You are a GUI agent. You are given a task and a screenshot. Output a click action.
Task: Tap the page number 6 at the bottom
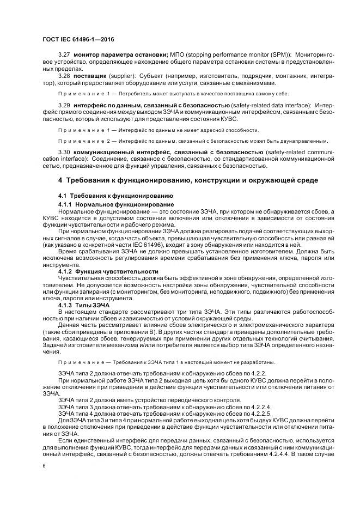pyautogui.click(x=44, y=467)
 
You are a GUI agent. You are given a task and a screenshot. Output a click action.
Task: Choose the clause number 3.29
pyautogui.click(x=64, y=104)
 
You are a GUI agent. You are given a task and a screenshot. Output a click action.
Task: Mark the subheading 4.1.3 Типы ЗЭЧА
pyautogui.click(x=87, y=305)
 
